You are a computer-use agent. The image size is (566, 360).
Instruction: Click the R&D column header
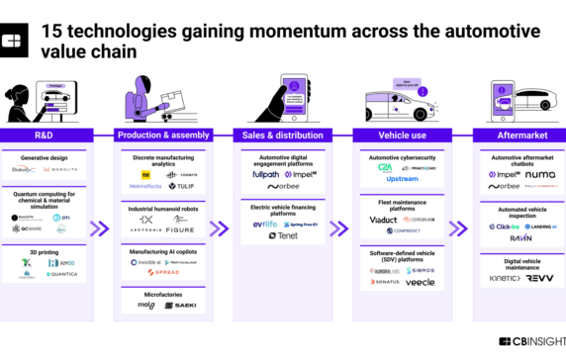click(48, 135)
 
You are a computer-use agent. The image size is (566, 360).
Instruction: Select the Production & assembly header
click(162, 135)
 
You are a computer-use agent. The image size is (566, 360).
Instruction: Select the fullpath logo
click(266, 174)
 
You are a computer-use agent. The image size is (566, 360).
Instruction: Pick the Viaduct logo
click(384, 220)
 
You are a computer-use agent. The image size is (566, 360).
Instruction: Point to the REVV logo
click(538, 279)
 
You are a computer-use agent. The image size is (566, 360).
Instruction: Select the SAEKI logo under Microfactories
click(180, 306)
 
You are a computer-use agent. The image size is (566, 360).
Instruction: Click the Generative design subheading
click(48, 156)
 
